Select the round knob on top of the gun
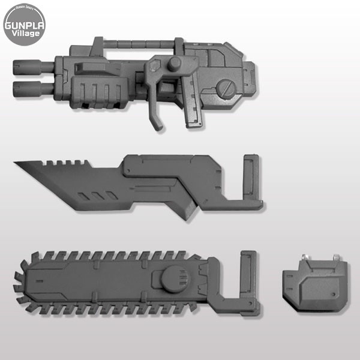[x=174, y=64]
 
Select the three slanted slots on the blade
[x=92, y=197]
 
